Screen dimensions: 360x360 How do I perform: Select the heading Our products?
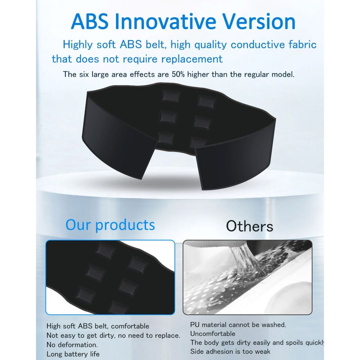coord(110,225)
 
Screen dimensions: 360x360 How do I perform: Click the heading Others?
coord(249,226)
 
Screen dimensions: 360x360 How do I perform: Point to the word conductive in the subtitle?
coord(258,45)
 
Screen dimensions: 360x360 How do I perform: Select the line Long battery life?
coord(73,354)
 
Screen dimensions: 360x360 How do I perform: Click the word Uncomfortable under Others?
coord(213,334)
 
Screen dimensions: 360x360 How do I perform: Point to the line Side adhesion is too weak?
coord(230,351)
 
